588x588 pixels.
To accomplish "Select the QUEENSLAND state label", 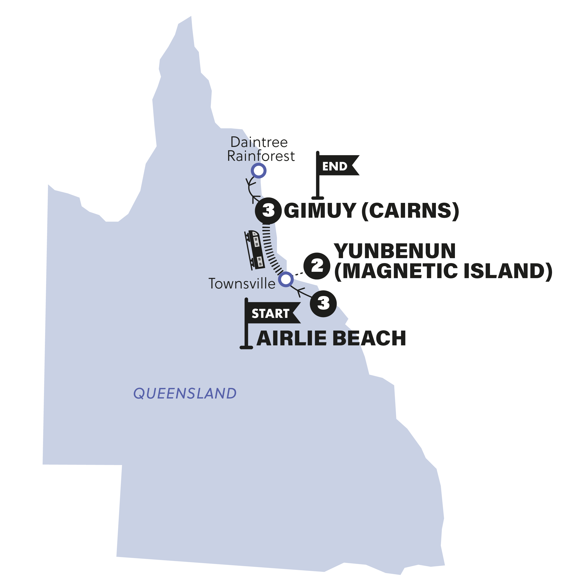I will click(185, 394).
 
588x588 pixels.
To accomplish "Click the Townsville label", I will click(242, 284).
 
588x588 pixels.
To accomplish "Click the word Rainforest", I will click(261, 156).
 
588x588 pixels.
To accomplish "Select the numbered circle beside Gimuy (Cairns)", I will click(268, 210).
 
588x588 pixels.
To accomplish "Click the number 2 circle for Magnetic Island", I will click(317, 266).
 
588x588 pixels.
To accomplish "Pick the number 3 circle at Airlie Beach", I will click(323, 304).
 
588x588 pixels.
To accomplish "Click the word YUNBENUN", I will click(395, 251).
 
